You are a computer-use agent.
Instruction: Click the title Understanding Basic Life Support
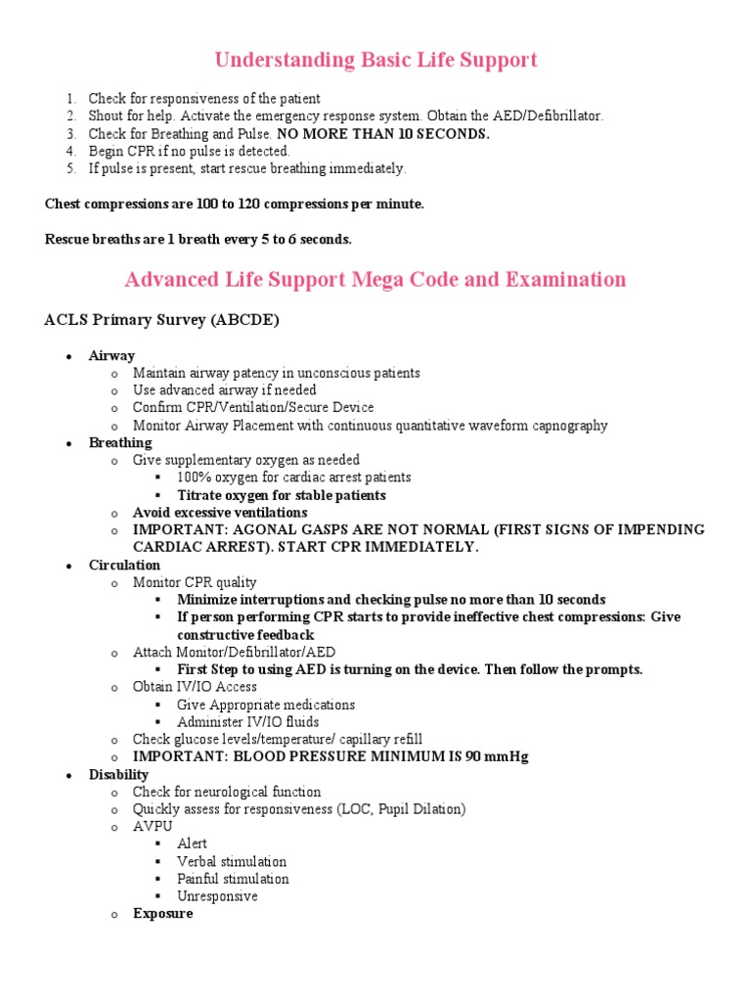375,61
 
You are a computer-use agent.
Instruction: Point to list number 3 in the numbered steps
71,134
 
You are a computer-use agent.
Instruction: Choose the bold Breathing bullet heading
120,442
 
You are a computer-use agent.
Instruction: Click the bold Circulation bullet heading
124,565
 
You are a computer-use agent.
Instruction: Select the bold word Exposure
162,914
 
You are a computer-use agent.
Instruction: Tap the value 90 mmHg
496,757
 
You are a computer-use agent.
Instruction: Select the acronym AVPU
153,826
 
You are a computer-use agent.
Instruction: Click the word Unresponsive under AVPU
217,896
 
